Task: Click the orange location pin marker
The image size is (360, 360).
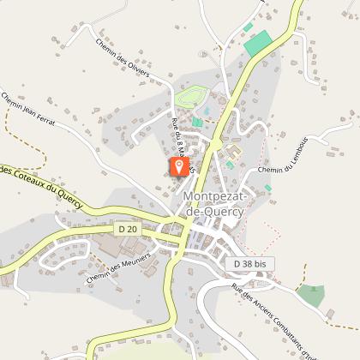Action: pos(178,165)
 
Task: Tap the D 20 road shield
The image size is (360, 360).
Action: pos(127,229)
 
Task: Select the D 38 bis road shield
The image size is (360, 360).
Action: pos(251,265)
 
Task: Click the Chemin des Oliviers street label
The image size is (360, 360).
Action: pos(123,57)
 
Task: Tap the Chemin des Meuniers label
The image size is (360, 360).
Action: pos(117,268)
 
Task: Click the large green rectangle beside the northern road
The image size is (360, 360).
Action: pos(258,44)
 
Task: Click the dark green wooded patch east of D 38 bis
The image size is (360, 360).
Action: pos(310,296)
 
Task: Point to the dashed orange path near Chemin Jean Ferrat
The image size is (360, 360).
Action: pos(12,129)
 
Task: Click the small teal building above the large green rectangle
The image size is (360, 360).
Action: pos(249,27)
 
